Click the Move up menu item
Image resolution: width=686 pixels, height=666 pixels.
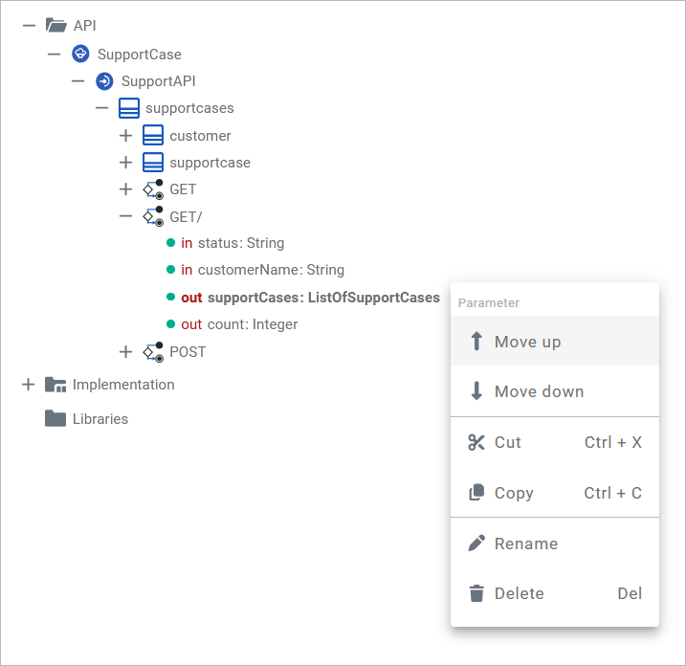[x=527, y=342]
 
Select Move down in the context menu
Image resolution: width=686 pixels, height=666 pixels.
[x=539, y=391]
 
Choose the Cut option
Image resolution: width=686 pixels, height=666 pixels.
[x=507, y=442]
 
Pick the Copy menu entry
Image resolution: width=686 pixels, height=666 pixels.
[x=513, y=493]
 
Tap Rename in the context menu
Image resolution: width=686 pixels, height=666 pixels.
[x=525, y=544]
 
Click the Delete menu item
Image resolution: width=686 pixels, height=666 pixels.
[x=519, y=593]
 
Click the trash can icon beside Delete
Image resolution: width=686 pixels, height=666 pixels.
[x=476, y=593]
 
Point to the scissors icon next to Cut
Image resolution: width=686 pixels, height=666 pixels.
[x=476, y=442]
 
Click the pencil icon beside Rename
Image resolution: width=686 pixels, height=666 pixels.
[x=476, y=544]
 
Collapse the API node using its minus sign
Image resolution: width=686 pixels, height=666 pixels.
[x=29, y=25]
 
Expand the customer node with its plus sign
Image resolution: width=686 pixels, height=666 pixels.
[x=125, y=136]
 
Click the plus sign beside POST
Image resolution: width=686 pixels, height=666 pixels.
[x=125, y=352]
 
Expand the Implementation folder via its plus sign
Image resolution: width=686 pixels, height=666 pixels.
[x=28, y=385]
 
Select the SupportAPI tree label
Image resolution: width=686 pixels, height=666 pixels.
[x=158, y=81]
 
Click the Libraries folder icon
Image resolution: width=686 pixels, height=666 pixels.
[x=55, y=419]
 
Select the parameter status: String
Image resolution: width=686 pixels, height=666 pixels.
[x=240, y=243]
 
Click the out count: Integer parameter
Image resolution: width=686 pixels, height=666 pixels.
[x=239, y=324]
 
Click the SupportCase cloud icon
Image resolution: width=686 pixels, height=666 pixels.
[x=81, y=55]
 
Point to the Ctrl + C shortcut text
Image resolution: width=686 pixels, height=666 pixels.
[x=612, y=493]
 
